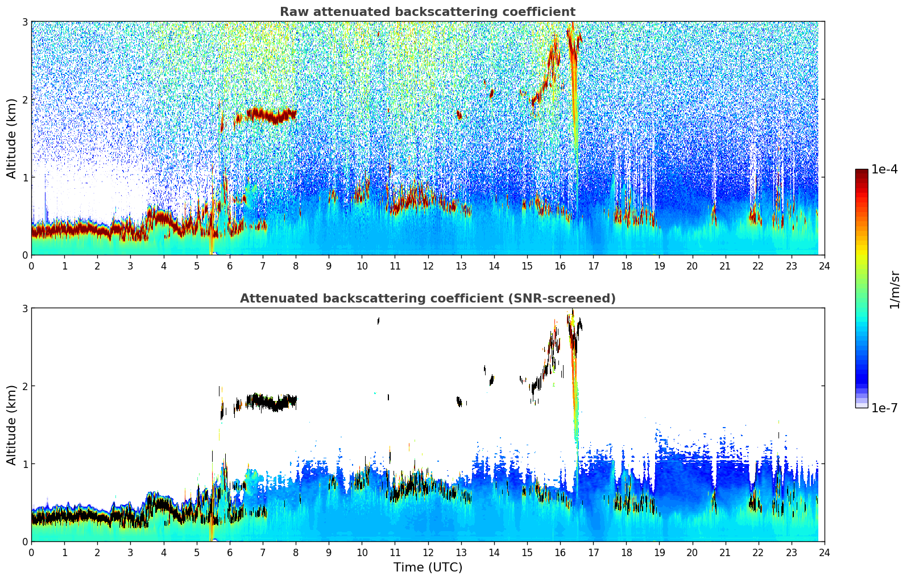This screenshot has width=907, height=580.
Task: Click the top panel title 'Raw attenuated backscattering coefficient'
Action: point(427,12)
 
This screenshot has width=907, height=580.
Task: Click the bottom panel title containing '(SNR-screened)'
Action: point(427,299)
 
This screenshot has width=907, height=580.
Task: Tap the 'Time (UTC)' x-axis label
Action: point(428,567)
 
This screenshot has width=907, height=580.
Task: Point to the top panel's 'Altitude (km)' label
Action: point(11,138)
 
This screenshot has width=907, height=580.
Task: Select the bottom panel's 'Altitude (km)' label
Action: point(11,425)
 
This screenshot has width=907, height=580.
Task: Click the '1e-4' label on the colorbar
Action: point(884,169)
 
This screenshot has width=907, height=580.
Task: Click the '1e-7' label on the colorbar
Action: point(884,408)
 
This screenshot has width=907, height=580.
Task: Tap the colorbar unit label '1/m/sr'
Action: point(894,289)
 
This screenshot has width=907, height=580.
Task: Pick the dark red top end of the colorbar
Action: point(862,172)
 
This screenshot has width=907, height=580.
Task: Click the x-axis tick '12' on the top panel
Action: point(428,266)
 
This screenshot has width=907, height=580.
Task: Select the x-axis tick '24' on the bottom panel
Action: point(824,552)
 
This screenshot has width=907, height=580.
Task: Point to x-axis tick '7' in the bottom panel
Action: point(263,552)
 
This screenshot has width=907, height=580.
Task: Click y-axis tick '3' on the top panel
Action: point(24,22)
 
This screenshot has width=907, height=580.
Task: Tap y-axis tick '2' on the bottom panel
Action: point(24,386)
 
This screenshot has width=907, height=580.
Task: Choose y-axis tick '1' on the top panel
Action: point(24,177)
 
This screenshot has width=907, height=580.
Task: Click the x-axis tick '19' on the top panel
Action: point(659,266)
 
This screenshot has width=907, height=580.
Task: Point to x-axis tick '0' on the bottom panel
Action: point(31,552)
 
